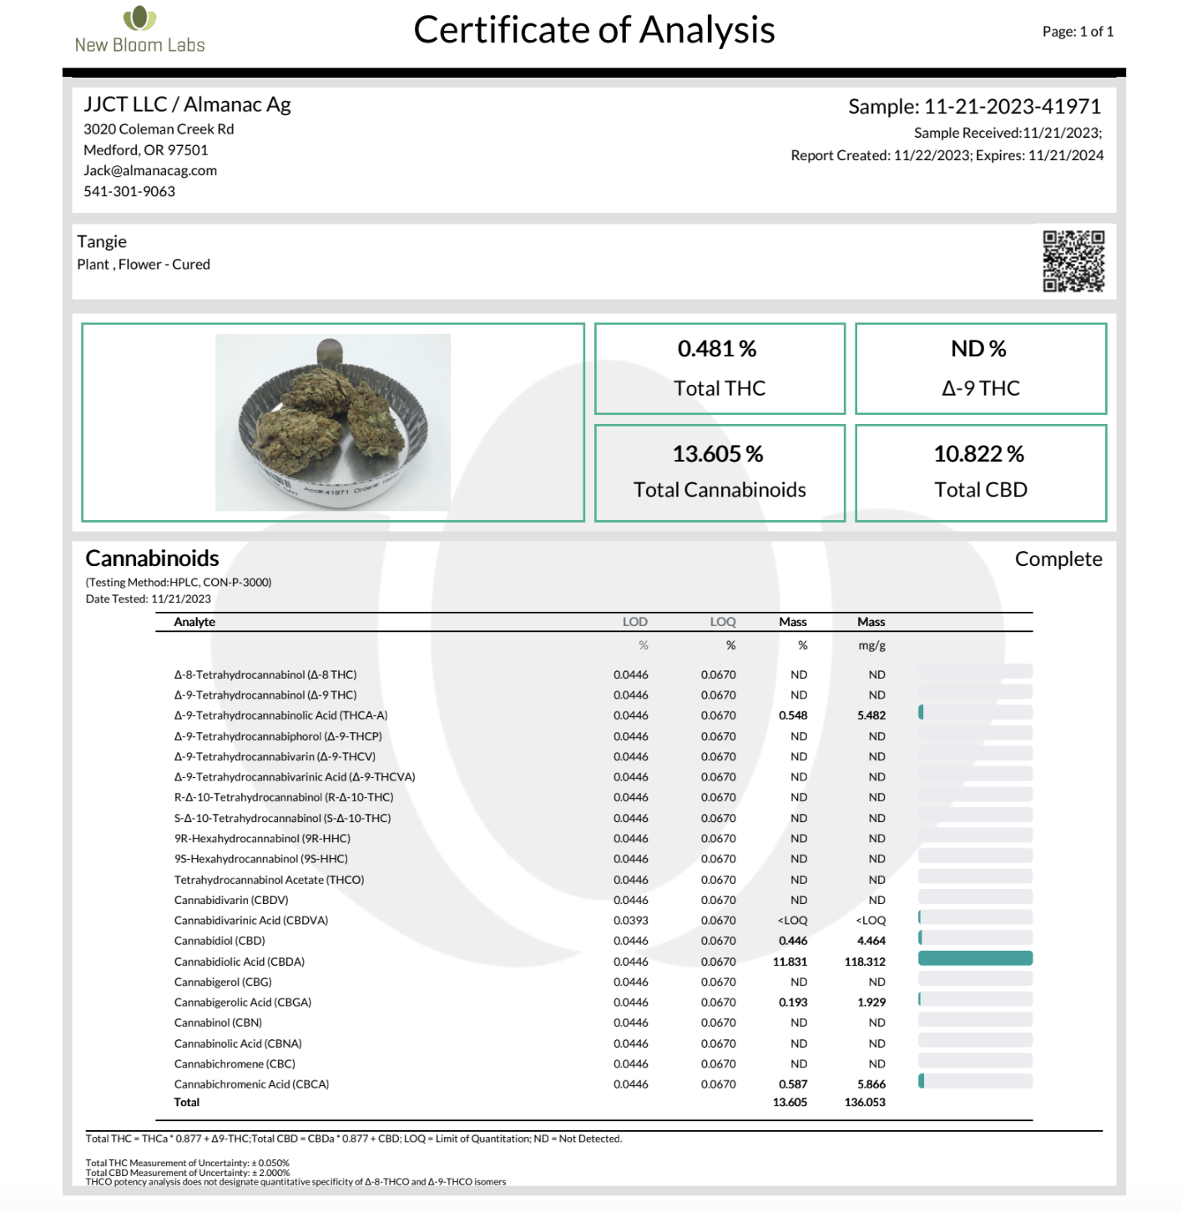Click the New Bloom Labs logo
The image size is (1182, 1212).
pos(139,31)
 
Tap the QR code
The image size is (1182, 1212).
pos(1073,261)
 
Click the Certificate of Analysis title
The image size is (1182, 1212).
pos(594,30)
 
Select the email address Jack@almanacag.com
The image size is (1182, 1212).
pos(150,170)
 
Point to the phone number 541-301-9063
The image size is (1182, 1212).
pos(129,191)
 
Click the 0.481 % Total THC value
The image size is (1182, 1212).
pos(717,349)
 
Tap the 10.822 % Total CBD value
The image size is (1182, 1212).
pos(978,454)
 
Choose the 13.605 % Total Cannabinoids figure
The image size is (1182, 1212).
pos(718,454)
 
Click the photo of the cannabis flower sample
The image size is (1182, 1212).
pos(333,422)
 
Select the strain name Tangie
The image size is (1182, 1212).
pos(102,242)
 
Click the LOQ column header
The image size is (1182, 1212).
pos(723,622)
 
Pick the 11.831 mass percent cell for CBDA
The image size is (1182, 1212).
pos(790,962)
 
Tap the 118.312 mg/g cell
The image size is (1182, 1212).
pos(865,962)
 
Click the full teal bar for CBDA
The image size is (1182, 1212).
pos(975,958)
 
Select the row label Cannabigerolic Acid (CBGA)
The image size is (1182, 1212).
pos(243,1002)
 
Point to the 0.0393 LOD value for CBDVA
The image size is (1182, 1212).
pos(630,921)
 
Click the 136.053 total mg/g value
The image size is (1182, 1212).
pos(865,1103)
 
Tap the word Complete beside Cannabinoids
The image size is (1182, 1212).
pos(1058,559)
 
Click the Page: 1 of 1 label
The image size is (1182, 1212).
pos(1078,32)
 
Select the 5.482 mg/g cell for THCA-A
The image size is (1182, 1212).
pos(871,715)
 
